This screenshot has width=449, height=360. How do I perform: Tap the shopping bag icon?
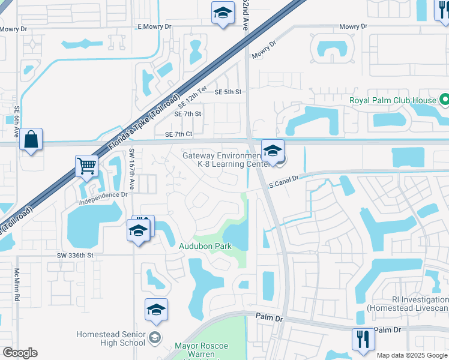click(31, 140)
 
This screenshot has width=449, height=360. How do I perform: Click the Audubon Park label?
click(204, 246)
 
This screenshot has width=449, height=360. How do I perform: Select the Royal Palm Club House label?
click(393, 100)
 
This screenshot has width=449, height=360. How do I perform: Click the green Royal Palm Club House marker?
click(444, 100)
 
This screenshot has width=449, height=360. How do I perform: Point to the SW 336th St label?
click(76, 255)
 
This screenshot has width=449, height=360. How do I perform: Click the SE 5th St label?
click(228, 92)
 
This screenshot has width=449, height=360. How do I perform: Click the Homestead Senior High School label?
click(110, 338)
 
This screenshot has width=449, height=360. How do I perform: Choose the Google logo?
click(20, 353)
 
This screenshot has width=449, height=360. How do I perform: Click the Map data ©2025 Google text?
click(412, 355)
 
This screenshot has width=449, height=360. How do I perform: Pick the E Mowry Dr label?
click(154, 27)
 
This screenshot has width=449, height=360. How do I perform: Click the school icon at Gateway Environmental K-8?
click(273, 150)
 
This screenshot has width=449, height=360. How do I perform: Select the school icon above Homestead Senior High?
click(156, 310)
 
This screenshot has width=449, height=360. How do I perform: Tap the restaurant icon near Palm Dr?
click(363, 340)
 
